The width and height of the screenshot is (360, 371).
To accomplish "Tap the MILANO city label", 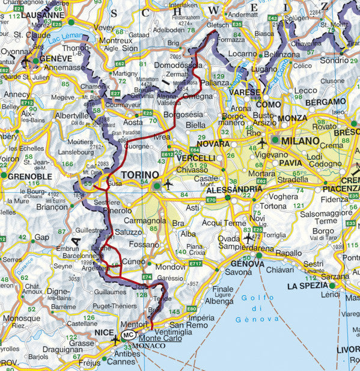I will [299, 140].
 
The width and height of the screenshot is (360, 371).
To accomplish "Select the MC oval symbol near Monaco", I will [128, 336].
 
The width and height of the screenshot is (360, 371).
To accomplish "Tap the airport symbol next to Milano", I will [262, 143].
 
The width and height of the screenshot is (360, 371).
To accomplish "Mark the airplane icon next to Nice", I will [115, 340].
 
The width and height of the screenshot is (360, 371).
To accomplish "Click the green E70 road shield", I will [210, 200].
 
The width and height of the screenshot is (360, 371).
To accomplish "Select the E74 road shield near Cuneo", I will [147, 276].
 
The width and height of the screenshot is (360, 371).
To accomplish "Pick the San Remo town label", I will [189, 325].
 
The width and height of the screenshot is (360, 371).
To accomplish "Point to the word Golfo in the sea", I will [254, 298].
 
